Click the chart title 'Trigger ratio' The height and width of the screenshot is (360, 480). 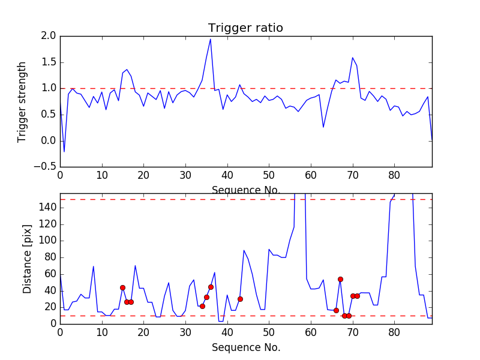pyautogui.click(x=245, y=28)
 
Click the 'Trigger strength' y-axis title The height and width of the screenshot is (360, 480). pyautogui.click(x=22, y=101)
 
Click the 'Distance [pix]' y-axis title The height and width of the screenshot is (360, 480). pyautogui.click(x=27, y=259)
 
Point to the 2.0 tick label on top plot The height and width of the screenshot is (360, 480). pyautogui.click(x=49, y=36)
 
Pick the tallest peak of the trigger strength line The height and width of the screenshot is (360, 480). pyautogui.click(x=210, y=39)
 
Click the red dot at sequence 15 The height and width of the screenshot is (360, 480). pyautogui.click(x=122, y=287)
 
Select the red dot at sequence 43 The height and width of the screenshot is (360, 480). pyautogui.click(x=240, y=299)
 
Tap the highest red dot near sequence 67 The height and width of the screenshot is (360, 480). pyautogui.click(x=340, y=279)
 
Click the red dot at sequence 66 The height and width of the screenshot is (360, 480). pyautogui.click(x=336, y=310)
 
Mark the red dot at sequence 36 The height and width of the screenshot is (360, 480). pyautogui.click(x=211, y=287)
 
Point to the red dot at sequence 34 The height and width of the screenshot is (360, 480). pyautogui.click(x=202, y=306)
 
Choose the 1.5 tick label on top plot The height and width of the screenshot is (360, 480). pyautogui.click(x=49, y=62)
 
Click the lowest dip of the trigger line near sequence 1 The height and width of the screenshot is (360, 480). pyautogui.click(x=64, y=151)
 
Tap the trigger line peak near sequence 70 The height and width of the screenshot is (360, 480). pyautogui.click(x=353, y=58)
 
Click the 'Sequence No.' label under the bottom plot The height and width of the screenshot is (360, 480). pyautogui.click(x=245, y=347)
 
